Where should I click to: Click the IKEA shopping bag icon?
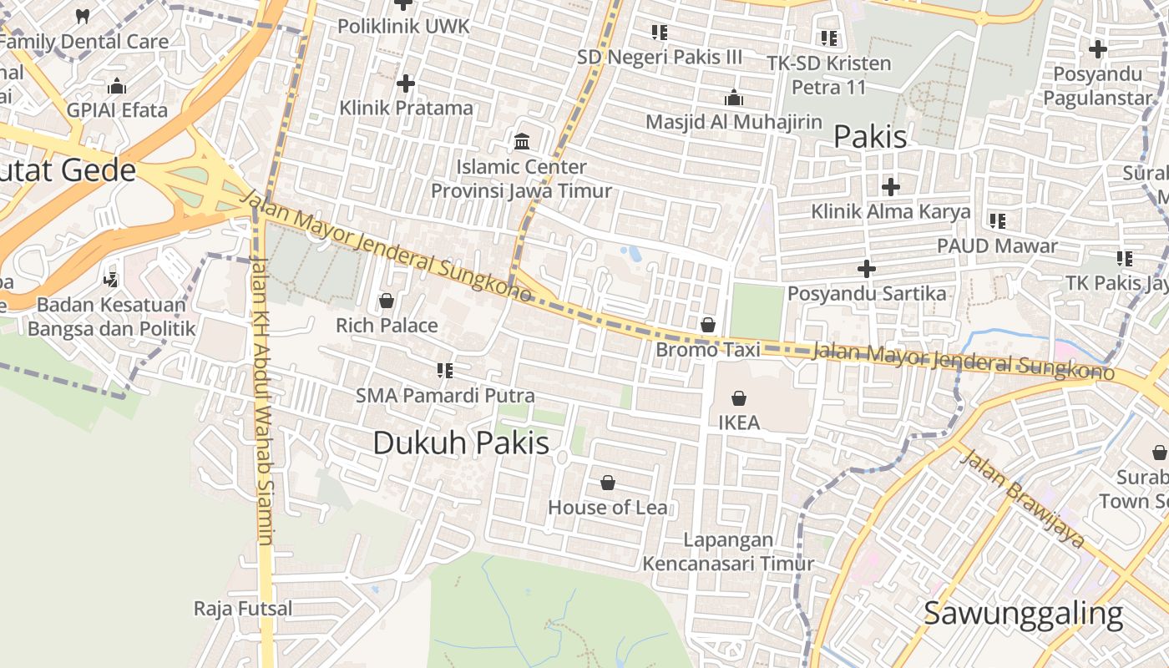[x=738, y=399]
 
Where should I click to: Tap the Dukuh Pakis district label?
[x=461, y=443]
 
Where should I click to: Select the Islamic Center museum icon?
[x=522, y=141]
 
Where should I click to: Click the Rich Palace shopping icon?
[x=386, y=301]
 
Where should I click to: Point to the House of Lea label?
[x=607, y=507]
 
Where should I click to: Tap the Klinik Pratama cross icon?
[x=406, y=83]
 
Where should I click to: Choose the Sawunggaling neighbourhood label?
[x=1022, y=614]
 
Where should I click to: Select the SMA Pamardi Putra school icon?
[x=445, y=370]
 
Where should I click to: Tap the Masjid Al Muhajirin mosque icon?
[x=734, y=98]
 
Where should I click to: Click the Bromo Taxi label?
[x=708, y=350]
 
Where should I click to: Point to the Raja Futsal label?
[x=243, y=608]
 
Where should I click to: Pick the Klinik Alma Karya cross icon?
[x=891, y=186]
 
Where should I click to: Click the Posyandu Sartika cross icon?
[x=867, y=269]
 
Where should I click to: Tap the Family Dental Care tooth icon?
[x=83, y=16]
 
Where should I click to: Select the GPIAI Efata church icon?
[x=117, y=86]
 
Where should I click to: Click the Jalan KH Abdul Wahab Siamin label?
[x=262, y=401]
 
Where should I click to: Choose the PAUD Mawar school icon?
[x=997, y=221]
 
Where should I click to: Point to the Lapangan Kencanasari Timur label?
[x=727, y=552]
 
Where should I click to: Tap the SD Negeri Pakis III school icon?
[x=660, y=33]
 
